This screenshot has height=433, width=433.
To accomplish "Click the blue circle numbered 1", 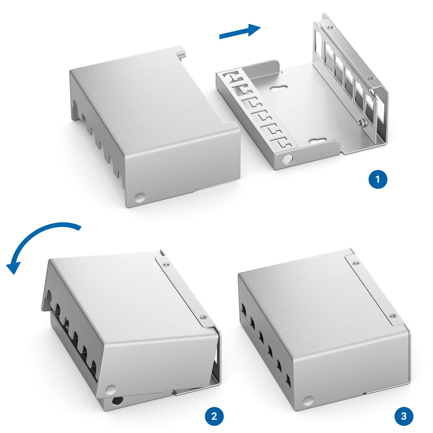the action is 378,180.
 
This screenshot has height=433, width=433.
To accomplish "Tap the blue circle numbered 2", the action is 214,416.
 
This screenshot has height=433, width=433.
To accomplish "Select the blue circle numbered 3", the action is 404,416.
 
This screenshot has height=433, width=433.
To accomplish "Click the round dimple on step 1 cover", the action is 140,197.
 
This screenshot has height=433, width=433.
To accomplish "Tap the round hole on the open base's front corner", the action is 287,159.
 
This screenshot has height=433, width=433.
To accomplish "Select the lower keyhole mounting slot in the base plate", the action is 318,141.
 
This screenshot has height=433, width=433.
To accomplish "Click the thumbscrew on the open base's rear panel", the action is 362,122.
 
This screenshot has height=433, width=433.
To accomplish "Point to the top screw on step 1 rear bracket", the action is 328,27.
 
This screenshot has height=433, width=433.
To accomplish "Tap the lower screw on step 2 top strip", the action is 204,318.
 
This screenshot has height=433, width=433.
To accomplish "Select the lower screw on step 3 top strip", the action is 393,316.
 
